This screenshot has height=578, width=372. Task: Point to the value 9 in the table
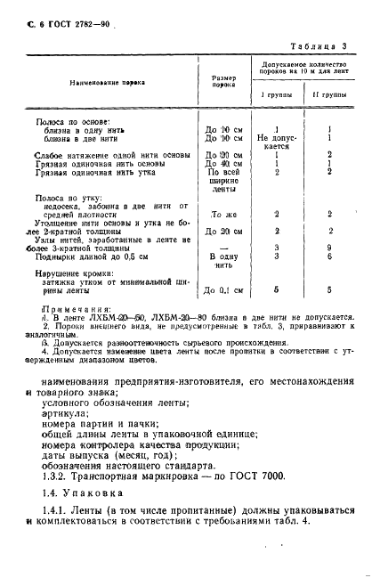pos(328,248)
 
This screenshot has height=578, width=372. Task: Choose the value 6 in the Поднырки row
pos(328,256)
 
